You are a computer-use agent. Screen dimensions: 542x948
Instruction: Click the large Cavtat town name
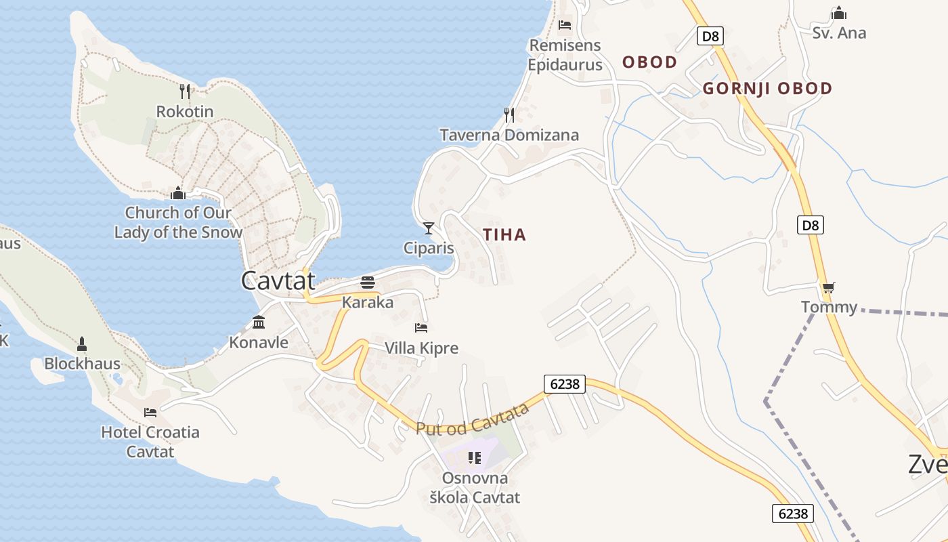click(278, 280)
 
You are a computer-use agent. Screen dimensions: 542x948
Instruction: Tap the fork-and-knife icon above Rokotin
click(185, 91)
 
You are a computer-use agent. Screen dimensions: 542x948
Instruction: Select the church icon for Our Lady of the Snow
click(178, 193)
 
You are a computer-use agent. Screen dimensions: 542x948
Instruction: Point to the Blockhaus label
click(82, 364)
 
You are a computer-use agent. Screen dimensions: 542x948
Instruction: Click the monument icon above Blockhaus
click(82, 344)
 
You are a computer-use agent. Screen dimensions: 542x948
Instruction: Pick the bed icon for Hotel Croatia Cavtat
click(150, 412)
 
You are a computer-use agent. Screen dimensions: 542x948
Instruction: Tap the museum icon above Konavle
click(259, 322)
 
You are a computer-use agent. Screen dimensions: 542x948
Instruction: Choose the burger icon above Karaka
click(368, 282)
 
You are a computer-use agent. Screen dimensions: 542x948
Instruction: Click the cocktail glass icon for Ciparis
click(428, 228)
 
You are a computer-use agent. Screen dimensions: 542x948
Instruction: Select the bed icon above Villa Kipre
click(421, 328)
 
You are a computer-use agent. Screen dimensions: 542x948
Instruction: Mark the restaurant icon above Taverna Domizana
click(509, 114)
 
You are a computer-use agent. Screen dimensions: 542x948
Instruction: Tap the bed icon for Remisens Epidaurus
click(565, 25)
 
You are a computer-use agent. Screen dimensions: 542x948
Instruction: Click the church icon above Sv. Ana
click(839, 13)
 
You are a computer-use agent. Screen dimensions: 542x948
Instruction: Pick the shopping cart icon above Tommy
click(828, 287)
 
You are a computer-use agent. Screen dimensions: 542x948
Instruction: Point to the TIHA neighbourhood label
click(504, 235)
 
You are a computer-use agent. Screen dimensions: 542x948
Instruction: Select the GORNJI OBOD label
click(767, 89)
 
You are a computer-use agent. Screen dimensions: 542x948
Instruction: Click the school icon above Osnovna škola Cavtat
click(474, 458)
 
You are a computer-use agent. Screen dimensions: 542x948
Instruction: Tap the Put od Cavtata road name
click(473, 419)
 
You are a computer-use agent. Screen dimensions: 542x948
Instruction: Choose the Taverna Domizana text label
click(509, 135)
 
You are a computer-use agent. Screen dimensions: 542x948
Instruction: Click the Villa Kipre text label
click(421, 348)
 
